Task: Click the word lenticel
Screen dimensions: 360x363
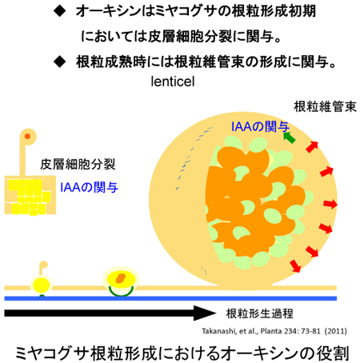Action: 173,82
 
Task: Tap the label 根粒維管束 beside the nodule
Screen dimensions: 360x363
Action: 325,106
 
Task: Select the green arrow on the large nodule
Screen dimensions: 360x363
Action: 289,138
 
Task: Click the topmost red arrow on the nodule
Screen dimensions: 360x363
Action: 312,147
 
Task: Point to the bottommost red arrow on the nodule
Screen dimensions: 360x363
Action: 295,266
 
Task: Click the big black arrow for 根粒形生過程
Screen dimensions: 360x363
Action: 110,313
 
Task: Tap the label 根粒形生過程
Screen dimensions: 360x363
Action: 259,313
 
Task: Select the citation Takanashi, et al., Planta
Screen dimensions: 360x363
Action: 274,331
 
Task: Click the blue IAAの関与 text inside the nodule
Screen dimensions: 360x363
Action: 260,126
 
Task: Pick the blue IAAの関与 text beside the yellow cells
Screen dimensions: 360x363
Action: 89,187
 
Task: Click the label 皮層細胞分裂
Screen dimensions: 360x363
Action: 78,164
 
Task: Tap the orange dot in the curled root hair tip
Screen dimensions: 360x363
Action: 27,137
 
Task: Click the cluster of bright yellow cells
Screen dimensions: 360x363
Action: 29,197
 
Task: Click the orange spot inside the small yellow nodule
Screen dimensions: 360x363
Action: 121,278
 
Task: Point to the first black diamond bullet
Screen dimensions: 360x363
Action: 59,11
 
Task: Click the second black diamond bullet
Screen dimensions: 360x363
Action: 59,62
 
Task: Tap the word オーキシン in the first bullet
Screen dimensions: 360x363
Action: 109,11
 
